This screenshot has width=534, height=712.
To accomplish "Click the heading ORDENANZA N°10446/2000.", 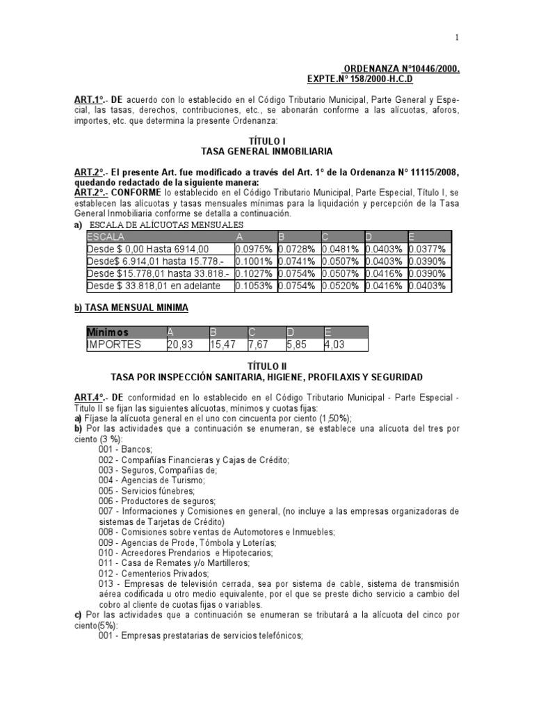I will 402,70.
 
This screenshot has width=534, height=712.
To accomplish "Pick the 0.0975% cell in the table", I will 254,249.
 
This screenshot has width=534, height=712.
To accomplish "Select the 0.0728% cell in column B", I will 298,249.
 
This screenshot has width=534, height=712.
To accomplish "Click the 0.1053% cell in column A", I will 254,286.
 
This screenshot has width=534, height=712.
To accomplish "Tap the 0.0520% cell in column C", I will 341,286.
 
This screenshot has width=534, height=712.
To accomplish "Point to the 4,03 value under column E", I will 335,344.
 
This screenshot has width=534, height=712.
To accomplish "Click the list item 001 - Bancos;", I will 124,449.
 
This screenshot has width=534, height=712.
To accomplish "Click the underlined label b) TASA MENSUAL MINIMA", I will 131,307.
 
